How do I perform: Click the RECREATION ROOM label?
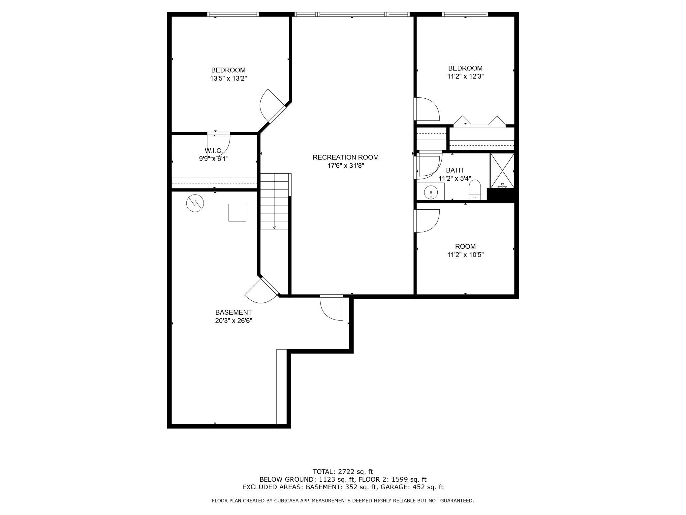point(346,157)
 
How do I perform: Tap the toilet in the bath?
point(475,190)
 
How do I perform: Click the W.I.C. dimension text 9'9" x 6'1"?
point(213,159)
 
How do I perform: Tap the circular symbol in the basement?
point(195,203)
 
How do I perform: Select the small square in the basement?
point(237,213)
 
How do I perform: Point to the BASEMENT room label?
point(234,312)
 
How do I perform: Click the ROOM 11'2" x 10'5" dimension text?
point(465,255)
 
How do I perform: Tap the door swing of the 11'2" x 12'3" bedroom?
point(427,109)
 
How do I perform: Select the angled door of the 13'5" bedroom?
point(272,106)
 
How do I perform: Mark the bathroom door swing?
point(428,165)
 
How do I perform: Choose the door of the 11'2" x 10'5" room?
point(427,221)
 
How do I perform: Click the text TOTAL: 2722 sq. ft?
point(343,472)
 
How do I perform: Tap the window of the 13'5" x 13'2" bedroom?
point(233,14)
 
